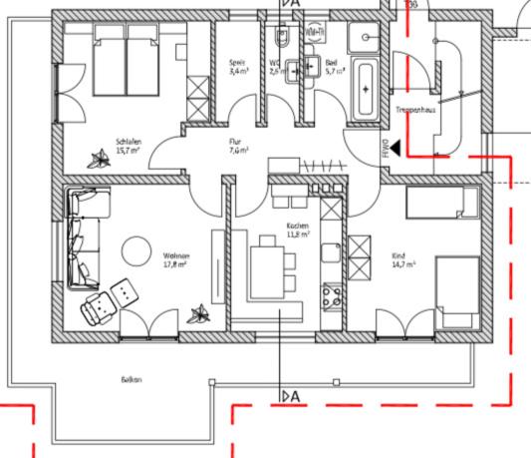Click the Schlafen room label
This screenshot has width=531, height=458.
pyautogui.click(x=128, y=142)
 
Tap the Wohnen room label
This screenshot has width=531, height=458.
pyautogui.click(x=176, y=256)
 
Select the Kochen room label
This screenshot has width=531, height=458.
pyautogui.click(x=298, y=226)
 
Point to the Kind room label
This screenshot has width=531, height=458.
pyautogui.click(x=400, y=255)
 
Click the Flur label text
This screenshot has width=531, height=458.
pyautogui.click(x=236, y=142)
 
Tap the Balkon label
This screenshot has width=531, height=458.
pyautogui.click(x=132, y=379)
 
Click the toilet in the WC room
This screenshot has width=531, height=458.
pyautogui.click(x=282, y=37)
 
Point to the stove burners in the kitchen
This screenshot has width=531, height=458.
pyautogui.click(x=330, y=294)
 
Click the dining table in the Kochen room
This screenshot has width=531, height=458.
pyautogui.click(x=266, y=269)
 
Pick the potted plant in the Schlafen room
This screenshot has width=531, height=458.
pyautogui.click(x=99, y=157)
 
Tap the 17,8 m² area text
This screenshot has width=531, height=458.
pyautogui.click(x=176, y=265)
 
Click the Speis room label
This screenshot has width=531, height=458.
pyautogui.click(x=237, y=62)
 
